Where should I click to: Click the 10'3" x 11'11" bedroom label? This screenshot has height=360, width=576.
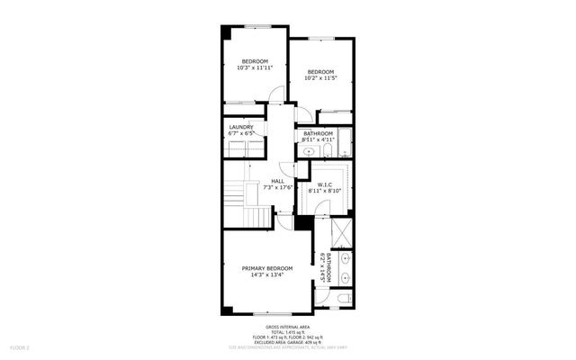pyautogui.click(x=255, y=64)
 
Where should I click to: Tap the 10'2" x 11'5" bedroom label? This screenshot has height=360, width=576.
pyautogui.click(x=320, y=76)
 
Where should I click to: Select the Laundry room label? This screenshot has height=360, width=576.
pyautogui.click(x=240, y=130)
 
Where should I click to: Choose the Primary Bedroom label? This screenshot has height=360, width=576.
pyautogui.click(x=267, y=272)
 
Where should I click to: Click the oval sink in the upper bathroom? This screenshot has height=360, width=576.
pyautogui.click(x=309, y=153)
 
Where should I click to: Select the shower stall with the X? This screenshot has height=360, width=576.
pyautogui.click(x=341, y=238)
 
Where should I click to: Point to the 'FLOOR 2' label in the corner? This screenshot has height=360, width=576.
pyautogui.click(x=20, y=346)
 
